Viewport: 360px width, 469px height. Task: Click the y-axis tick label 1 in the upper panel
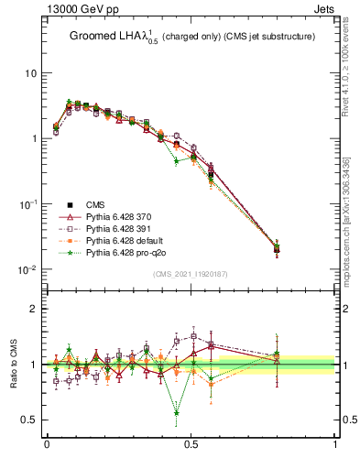coord(34,138)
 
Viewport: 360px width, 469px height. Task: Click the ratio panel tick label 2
coord(34,309)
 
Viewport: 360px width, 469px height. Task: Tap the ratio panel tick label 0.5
coord(29,420)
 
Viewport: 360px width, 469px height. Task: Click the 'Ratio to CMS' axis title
coord(14,365)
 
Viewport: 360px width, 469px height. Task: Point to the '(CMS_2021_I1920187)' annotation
coord(191,275)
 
